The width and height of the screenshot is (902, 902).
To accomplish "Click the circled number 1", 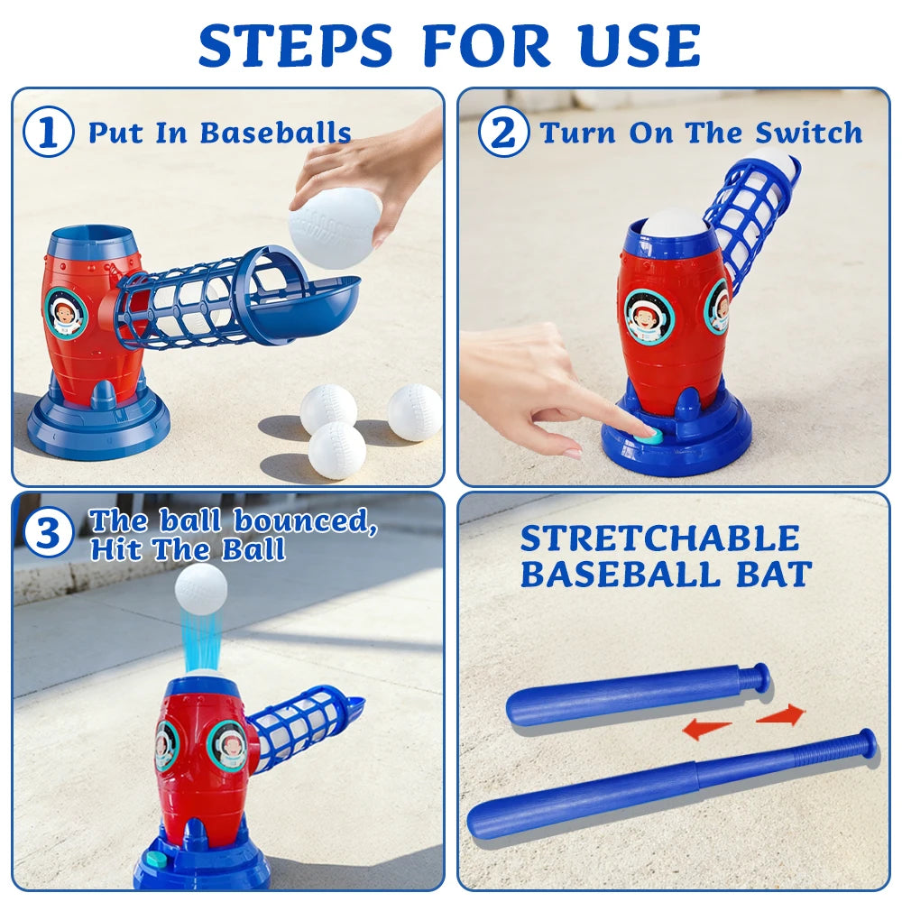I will [x=49, y=133].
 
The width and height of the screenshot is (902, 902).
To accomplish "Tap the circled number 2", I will [x=502, y=133].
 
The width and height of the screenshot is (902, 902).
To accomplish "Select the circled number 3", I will [x=49, y=535].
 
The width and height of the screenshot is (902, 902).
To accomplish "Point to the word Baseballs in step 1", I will [x=275, y=133].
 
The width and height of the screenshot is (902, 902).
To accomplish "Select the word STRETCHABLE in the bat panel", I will [x=659, y=538].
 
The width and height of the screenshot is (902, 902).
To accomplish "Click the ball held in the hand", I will [x=335, y=227].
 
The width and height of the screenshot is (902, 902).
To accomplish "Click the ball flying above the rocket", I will [x=200, y=589].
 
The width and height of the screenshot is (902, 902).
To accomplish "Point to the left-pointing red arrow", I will [x=706, y=729].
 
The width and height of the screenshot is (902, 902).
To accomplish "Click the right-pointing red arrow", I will [x=780, y=715].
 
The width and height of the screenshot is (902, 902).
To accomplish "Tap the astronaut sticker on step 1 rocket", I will [x=66, y=313].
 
